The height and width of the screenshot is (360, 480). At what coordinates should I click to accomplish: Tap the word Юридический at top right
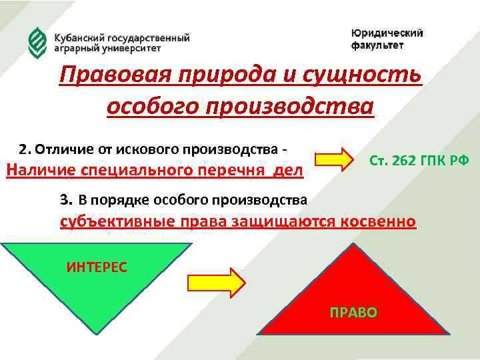[x=387, y=33]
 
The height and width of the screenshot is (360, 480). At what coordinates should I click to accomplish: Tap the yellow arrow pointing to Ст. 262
[x=337, y=159]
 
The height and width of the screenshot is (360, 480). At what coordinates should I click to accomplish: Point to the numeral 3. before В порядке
[x=65, y=199]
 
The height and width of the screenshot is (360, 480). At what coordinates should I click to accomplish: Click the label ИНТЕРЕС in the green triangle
[x=97, y=267]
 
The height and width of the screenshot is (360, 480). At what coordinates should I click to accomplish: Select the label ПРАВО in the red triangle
[x=353, y=311]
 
